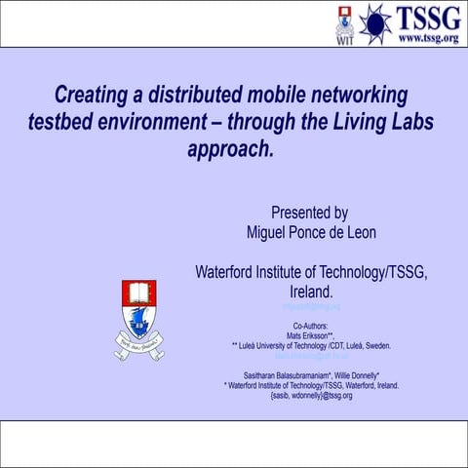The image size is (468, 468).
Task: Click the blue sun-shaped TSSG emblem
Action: tap(374, 23)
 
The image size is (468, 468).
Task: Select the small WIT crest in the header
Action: tap(345, 23)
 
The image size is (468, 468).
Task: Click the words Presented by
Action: tap(309, 212)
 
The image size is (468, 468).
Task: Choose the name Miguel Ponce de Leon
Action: tap(311, 232)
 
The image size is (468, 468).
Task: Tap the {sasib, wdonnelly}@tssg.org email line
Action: tap(311, 396)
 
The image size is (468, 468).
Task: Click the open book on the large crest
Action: tap(138, 292)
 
